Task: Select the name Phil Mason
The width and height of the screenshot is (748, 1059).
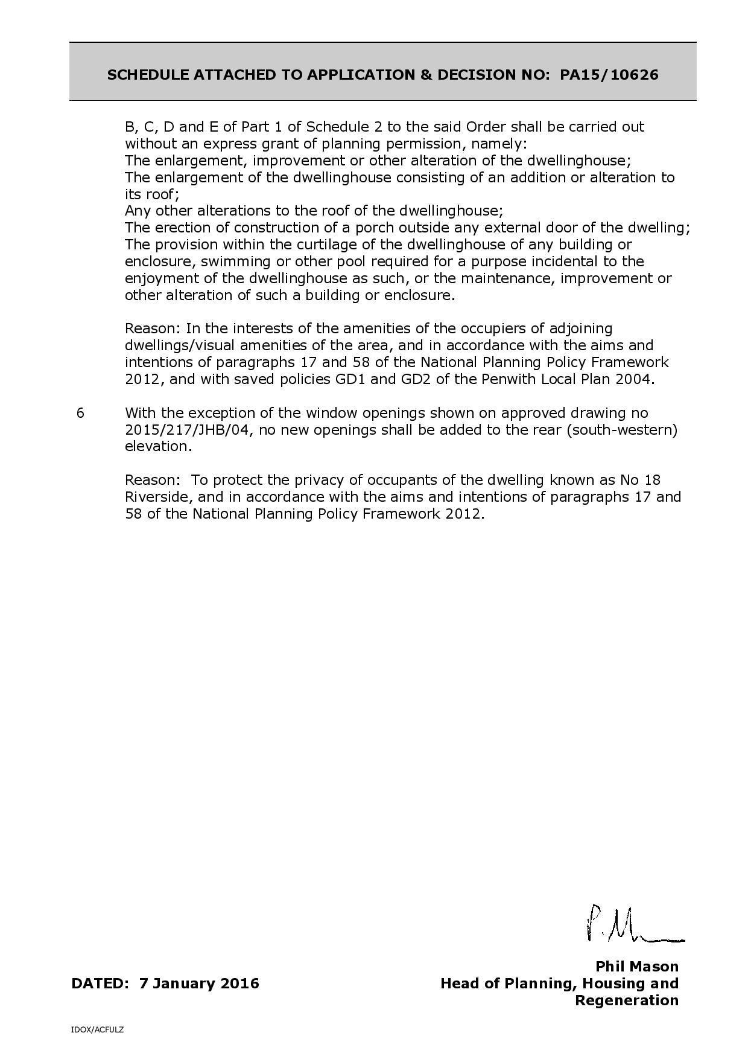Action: [637, 967]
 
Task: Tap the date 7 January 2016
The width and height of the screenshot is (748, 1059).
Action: [199, 984]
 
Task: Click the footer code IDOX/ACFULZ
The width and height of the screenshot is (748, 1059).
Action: [97, 1029]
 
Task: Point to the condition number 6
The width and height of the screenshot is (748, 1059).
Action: [81, 414]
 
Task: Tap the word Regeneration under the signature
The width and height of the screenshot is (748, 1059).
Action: [627, 1000]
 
